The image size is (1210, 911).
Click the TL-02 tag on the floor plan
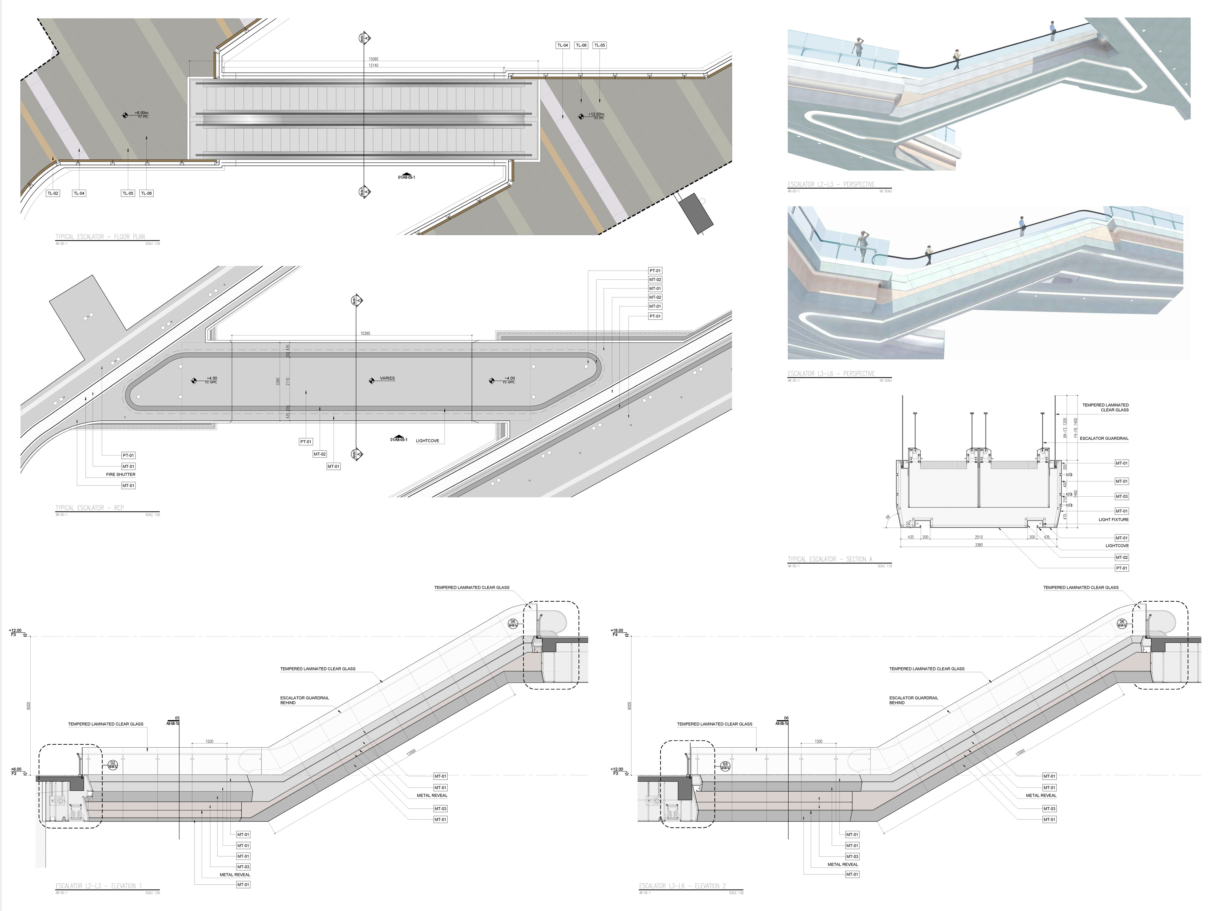[x=53, y=193]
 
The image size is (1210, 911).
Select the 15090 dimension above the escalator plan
[x=373, y=59]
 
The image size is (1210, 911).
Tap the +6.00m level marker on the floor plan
[x=141, y=113]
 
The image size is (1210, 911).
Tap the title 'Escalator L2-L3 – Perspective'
[x=831, y=184]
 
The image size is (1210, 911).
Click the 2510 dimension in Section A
[x=979, y=537]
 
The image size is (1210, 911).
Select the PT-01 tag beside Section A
[x=1121, y=568]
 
